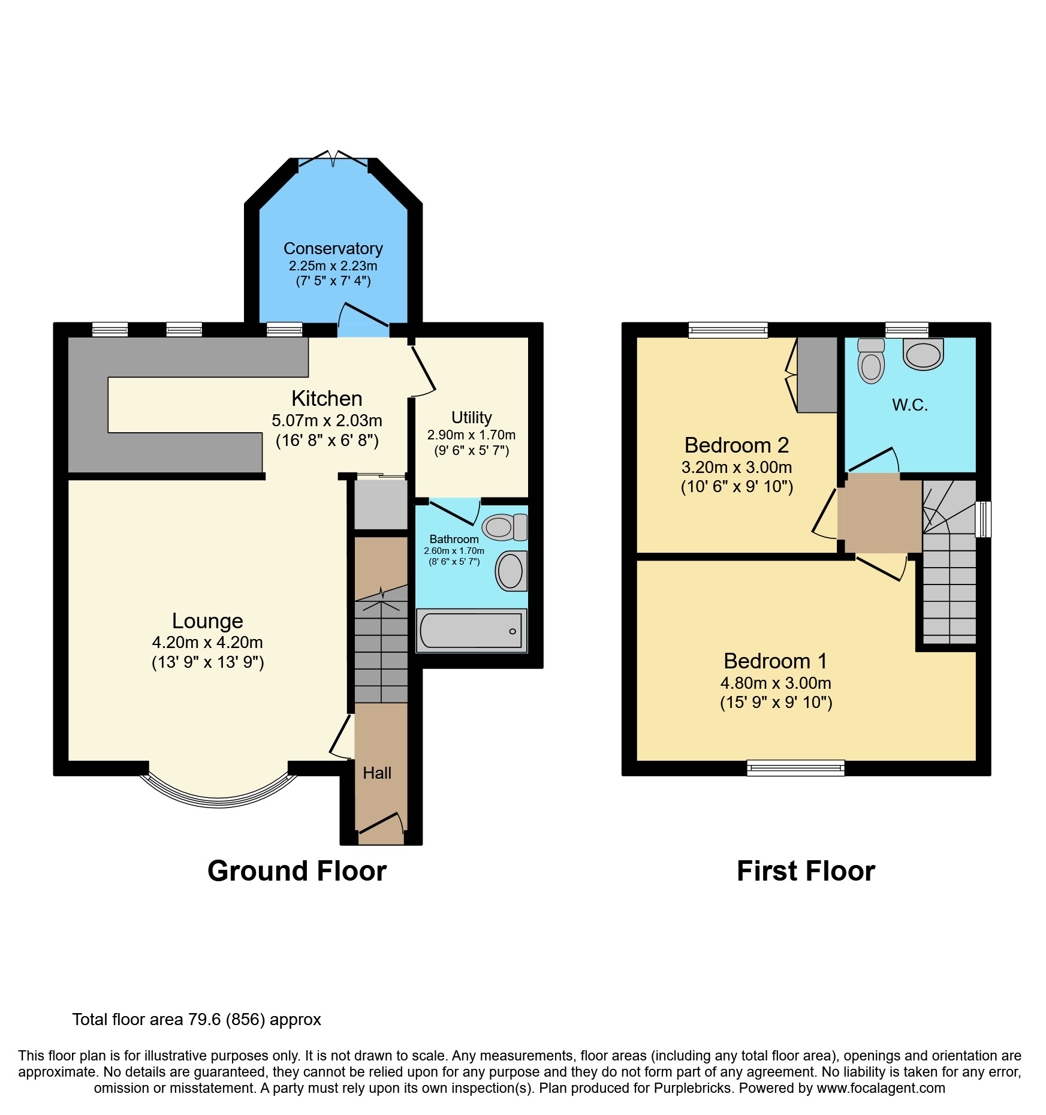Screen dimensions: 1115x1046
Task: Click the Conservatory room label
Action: point(333,248)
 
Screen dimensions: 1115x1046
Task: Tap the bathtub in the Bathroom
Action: point(471,631)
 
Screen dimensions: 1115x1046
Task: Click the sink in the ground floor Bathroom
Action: point(511,571)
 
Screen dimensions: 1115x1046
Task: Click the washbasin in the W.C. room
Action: point(923,354)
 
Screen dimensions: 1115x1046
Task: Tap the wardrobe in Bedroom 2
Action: point(817,375)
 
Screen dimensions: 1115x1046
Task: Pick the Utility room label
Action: point(472,417)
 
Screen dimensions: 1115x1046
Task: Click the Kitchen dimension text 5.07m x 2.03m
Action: point(327,421)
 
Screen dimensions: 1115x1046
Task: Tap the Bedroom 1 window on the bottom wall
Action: point(795,767)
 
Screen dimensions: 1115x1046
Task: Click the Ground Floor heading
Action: point(297,871)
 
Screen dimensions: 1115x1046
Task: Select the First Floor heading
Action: point(806,871)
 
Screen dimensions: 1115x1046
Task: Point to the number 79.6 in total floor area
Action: point(204,1020)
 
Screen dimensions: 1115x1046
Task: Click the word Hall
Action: point(377,773)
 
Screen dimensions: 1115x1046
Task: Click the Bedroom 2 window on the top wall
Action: point(728,330)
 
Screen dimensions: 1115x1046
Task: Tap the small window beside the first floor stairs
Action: point(983,519)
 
